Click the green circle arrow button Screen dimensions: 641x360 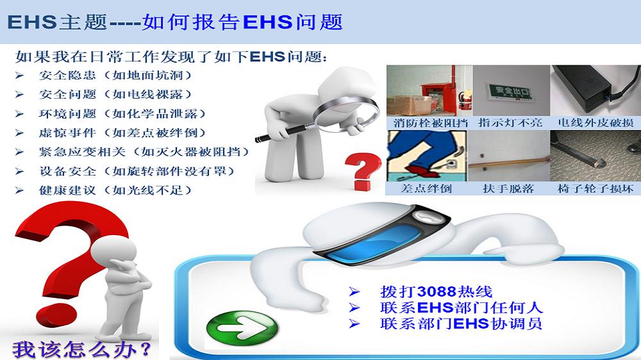[242, 327]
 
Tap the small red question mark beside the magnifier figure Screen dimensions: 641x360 [362, 172]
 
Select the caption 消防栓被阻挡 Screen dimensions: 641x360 [430, 122]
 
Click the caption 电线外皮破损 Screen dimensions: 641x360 [595, 122]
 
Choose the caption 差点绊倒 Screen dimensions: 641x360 [426, 188]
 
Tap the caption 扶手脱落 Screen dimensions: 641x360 [508, 188]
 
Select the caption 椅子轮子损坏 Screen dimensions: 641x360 [595, 188]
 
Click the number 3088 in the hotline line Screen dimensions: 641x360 [436, 291]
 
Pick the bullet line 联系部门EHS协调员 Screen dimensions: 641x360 [461, 323]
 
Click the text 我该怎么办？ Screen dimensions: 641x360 [82, 349]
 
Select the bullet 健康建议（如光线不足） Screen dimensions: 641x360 [115, 190]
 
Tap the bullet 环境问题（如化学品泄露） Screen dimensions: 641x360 [122, 113]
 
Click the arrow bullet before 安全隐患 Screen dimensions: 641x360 [20, 76]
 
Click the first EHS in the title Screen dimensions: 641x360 [31, 22]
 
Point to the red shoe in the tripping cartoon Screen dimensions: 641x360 [420, 171]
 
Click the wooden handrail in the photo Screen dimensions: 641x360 [508, 162]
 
